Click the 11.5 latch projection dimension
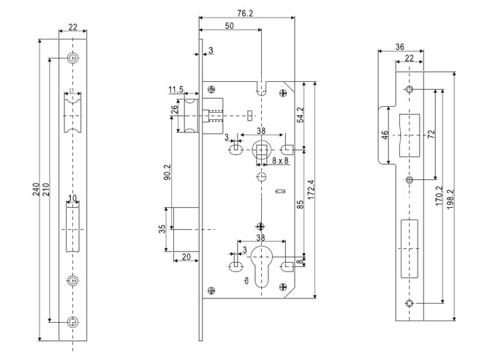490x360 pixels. point(176,89)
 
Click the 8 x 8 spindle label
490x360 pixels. point(276,159)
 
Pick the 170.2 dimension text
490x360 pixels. point(440,197)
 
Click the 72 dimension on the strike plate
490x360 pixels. point(431,135)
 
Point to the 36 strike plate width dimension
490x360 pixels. point(399,47)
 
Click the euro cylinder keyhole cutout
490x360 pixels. point(262,268)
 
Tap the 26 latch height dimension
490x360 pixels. point(174,115)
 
